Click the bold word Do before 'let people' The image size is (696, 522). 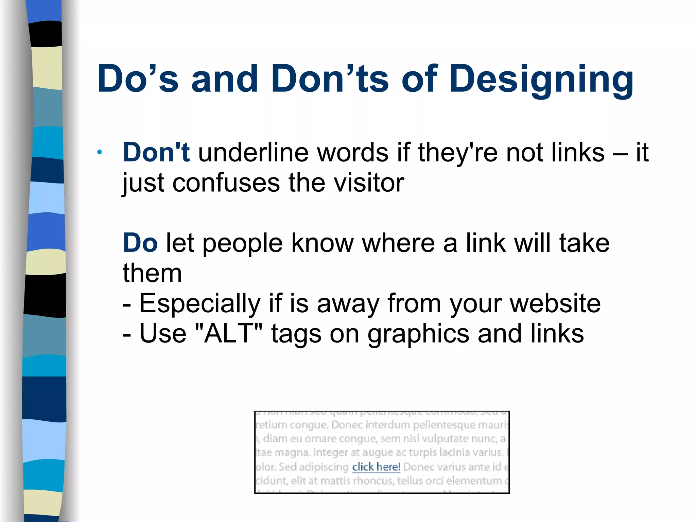click(140, 243)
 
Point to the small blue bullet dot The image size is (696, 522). click(99, 152)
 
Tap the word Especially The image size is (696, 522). click(200, 303)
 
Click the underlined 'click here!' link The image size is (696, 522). click(376, 467)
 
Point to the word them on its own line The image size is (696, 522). click(152, 273)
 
